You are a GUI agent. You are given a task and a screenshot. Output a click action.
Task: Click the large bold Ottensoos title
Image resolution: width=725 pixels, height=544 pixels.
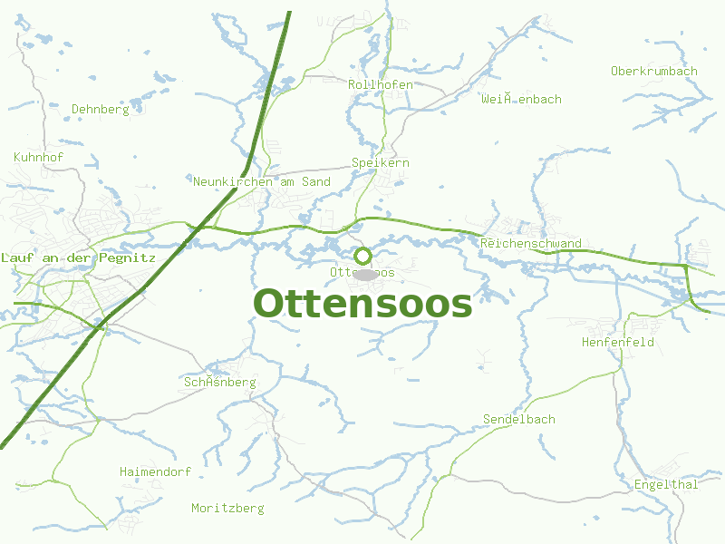[x=362, y=304]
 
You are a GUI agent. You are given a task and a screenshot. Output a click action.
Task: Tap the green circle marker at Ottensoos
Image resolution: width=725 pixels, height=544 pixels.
[x=362, y=256]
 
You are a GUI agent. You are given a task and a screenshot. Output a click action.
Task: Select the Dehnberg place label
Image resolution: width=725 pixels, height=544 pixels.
[x=101, y=109]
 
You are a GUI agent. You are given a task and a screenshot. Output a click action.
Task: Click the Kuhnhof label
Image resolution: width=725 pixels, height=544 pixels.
[x=39, y=157]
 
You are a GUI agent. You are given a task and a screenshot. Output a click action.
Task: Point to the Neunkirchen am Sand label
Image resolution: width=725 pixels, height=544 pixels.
[x=262, y=181]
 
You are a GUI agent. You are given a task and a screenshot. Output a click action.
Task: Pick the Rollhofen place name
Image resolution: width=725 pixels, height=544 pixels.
[x=381, y=84]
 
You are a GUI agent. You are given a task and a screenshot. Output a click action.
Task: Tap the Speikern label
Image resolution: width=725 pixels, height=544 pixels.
[x=381, y=162]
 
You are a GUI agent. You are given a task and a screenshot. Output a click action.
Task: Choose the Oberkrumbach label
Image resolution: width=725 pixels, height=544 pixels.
[x=654, y=71]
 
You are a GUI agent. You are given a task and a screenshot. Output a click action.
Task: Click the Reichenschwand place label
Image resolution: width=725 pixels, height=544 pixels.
[x=531, y=243]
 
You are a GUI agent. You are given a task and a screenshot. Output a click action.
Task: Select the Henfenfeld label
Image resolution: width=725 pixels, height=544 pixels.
[x=618, y=342]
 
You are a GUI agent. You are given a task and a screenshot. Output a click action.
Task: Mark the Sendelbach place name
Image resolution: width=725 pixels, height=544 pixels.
[x=519, y=419]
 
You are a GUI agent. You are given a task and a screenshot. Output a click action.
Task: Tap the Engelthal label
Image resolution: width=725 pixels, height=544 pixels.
[x=667, y=484]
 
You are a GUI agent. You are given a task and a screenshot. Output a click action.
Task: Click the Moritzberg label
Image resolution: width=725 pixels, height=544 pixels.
[x=227, y=508]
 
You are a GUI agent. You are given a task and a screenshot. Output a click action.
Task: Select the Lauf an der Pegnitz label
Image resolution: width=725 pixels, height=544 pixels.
[x=79, y=257]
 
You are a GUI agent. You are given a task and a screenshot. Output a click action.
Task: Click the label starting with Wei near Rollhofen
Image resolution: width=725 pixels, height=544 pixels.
[x=522, y=99]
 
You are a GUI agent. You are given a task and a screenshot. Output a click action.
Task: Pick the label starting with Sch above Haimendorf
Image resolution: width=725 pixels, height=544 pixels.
[x=220, y=382]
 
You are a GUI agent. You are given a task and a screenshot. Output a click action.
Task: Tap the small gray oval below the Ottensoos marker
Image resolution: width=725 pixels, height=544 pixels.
[x=364, y=274]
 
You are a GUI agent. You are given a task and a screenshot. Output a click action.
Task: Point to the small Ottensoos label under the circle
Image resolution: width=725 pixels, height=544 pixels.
[x=340, y=272]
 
